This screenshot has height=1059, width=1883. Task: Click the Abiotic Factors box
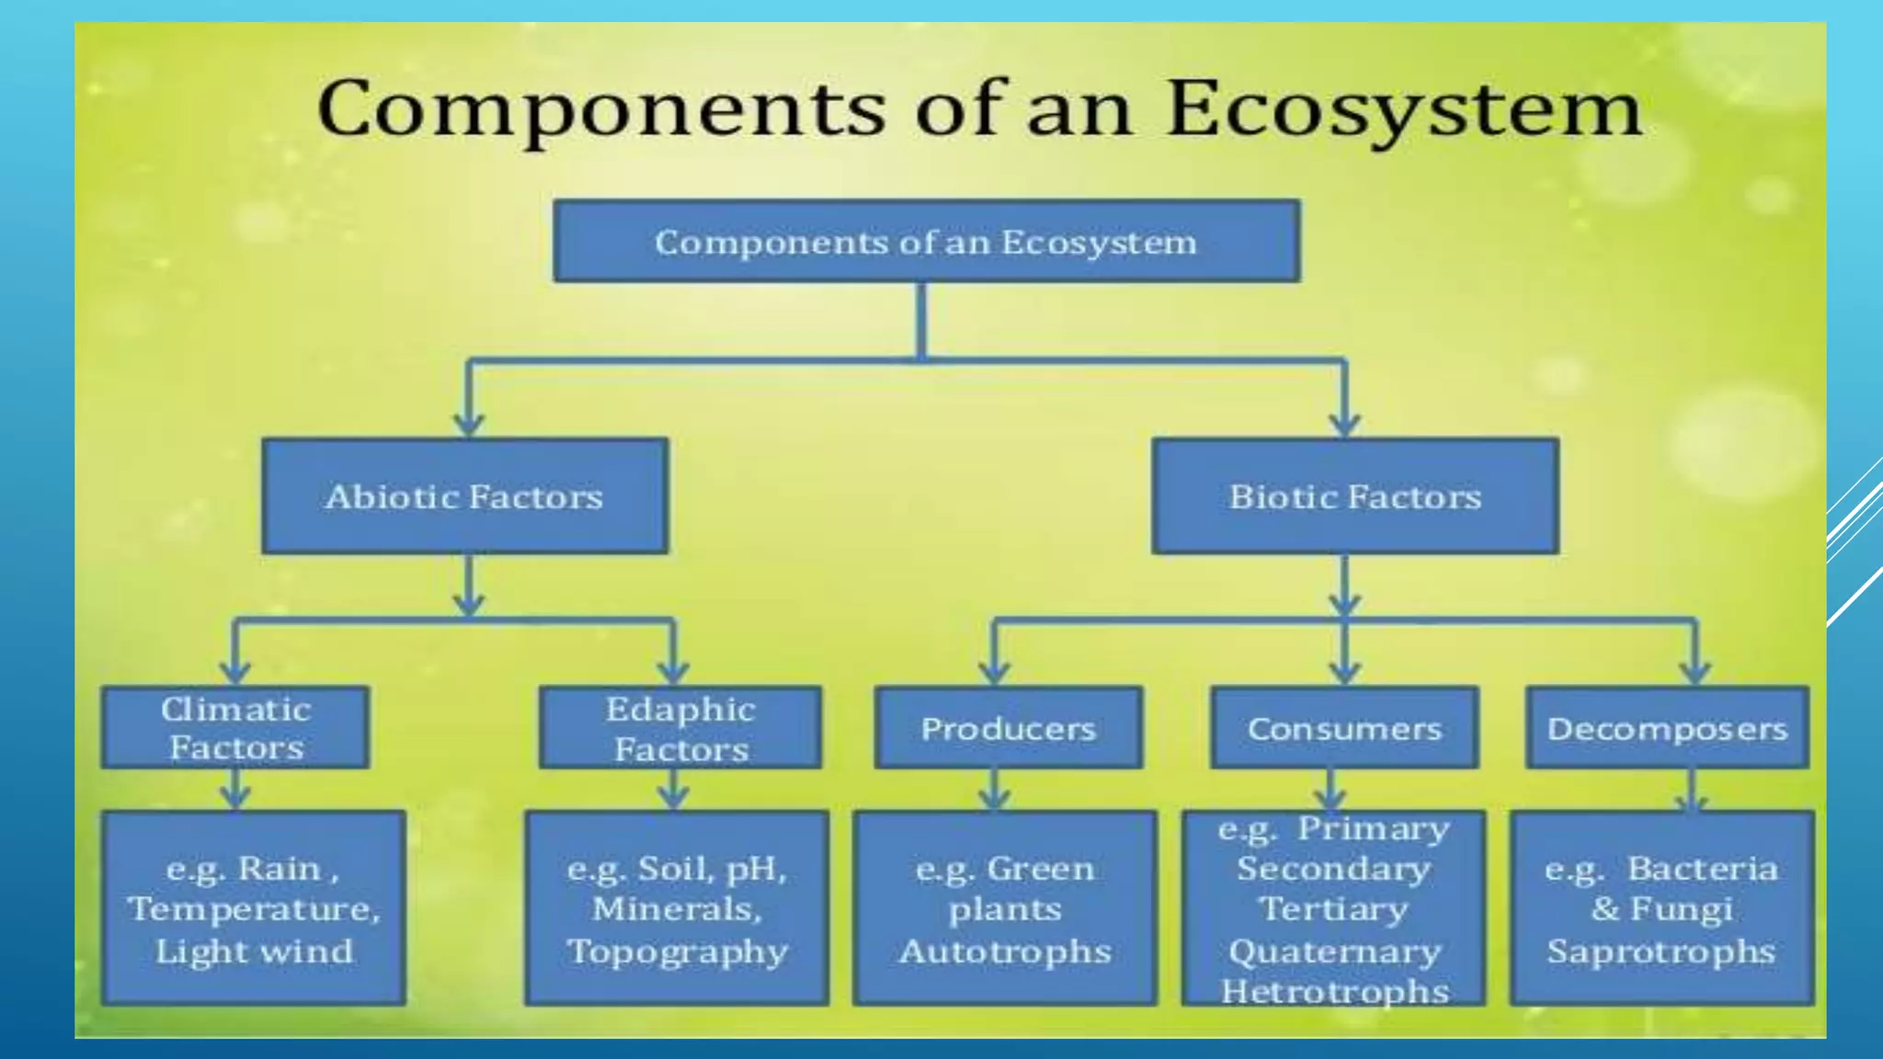464,496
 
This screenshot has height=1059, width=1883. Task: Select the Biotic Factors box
1354,496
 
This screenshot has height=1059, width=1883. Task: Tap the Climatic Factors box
235,727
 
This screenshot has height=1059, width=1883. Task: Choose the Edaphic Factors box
680,727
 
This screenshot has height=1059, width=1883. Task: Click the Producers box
1008,728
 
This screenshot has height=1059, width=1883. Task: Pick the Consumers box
1344,728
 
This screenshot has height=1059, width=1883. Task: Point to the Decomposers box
1666,728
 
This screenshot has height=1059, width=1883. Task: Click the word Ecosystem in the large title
1403,110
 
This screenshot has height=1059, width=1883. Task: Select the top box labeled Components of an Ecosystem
926,242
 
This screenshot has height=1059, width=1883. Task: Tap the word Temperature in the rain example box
253,909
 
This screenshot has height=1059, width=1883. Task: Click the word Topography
678,951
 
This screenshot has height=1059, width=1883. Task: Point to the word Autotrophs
1005,951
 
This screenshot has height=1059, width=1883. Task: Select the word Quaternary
1334,951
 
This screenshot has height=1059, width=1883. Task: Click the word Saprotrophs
1660,951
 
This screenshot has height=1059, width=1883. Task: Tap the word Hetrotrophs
1334,991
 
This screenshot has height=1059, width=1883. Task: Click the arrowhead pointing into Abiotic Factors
469,424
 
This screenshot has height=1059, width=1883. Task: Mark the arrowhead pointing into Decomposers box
1695,672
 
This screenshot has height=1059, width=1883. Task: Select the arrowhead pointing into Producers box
994,672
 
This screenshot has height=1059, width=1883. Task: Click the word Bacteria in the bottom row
1702,869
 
